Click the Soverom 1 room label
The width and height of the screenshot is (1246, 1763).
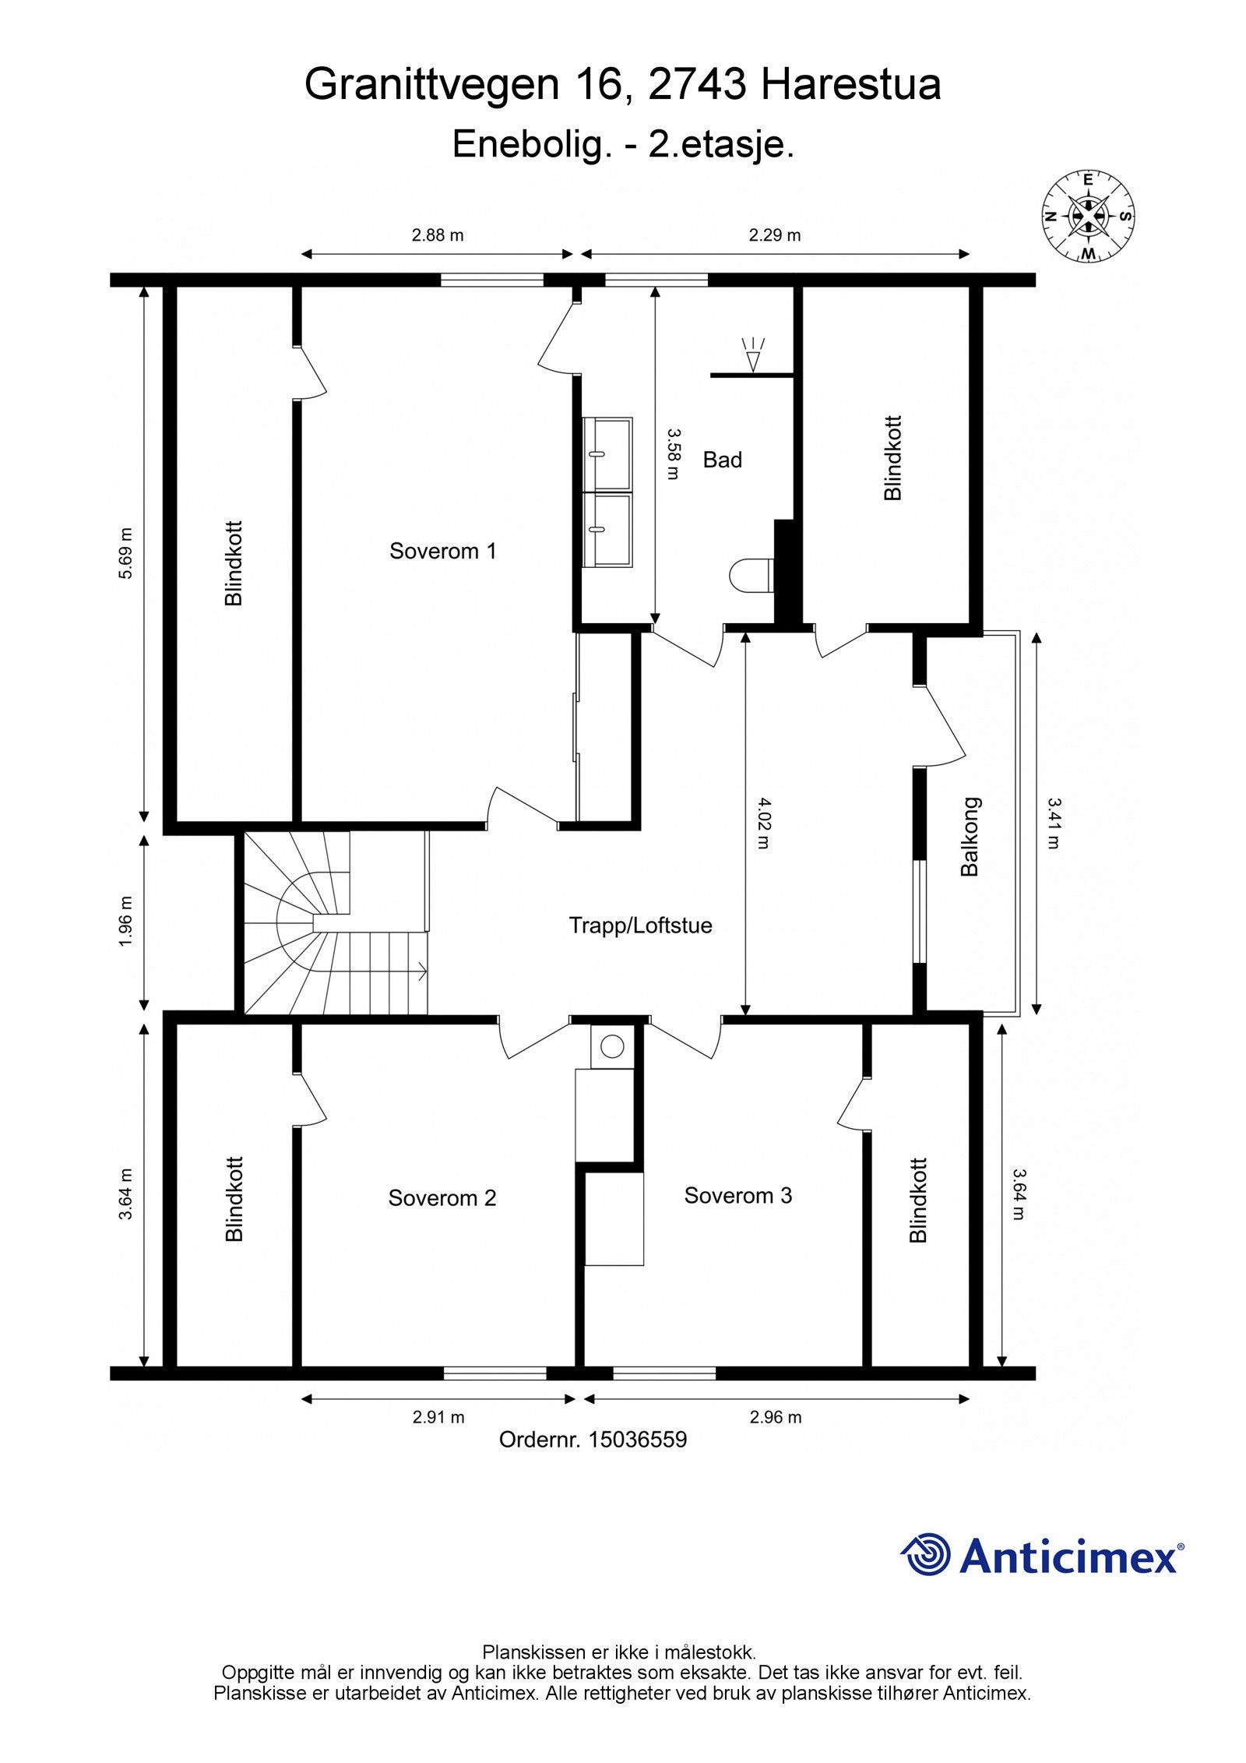pos(442,551)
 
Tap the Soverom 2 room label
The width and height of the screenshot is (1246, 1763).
pos(442,1197)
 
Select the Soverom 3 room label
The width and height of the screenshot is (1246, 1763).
pos(738,1195)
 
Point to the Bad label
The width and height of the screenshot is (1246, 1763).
pos(723,460)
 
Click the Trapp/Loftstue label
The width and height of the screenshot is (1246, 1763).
pos(641,926)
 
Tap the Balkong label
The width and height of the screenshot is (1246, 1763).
pos(970,837)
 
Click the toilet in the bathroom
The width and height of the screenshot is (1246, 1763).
pos(752,575)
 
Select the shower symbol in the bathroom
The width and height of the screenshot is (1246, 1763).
pos(753,354)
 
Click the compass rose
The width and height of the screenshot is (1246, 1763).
pos(1088,216)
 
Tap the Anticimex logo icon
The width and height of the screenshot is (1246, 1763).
pos(926,1555)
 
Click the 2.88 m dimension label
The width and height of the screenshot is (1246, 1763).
pos(438,234)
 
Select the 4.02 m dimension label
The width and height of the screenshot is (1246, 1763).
pos(761,823)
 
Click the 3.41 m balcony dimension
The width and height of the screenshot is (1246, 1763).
pos(1053,823)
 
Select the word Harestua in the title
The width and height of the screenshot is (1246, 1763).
pos(851,85)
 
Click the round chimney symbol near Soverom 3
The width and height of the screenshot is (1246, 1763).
pos(613,1046)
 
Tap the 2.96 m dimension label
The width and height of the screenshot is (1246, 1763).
pos(776,1417)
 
